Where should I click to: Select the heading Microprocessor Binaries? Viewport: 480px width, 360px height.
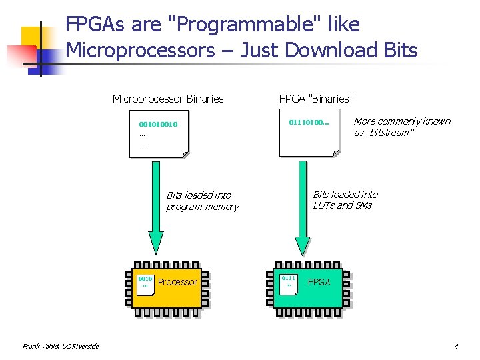pos(168,99)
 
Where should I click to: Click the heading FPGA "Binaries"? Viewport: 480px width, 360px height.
pos(316,99)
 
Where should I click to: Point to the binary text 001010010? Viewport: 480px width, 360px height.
pos(158,124)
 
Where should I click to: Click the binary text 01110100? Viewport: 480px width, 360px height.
pos(309,123)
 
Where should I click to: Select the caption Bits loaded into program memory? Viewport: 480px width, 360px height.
pos(202,201)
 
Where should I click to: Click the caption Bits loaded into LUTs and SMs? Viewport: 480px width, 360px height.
pos(345,199)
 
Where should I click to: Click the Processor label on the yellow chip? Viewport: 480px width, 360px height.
pos(177,282)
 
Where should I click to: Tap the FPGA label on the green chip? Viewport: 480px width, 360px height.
pos(319,282)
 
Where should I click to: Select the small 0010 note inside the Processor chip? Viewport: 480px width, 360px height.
pos(145,282)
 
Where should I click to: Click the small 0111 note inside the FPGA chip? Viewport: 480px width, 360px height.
pos(288,281)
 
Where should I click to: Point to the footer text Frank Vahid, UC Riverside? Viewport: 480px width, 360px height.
pos(60,346)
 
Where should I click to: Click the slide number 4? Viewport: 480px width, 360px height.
pos(456,346)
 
